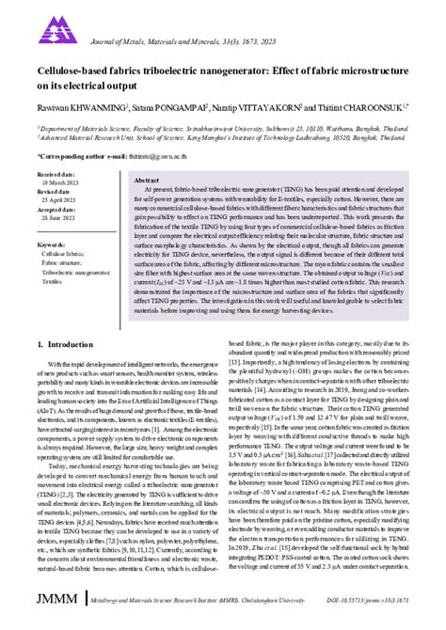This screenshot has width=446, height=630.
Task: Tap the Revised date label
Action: pyautogui.click(x=54, y=191)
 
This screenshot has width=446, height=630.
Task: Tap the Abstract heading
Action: pyautogui.click(x=146, y=179)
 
